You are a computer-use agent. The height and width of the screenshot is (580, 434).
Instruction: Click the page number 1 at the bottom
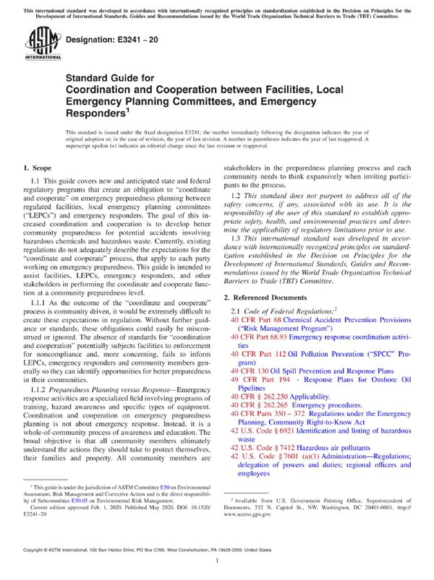click(x=217, y=569)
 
